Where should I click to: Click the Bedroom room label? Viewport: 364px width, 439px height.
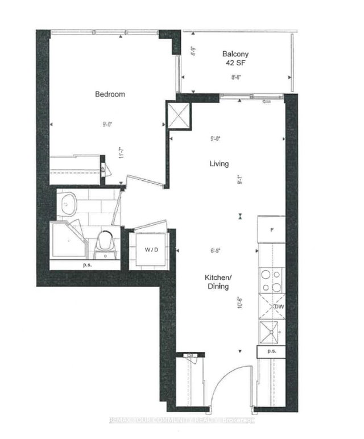tap(110, 94)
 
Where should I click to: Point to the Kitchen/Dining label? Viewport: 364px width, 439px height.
tap(217, 282)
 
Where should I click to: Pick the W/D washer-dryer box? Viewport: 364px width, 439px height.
tap(150, 249)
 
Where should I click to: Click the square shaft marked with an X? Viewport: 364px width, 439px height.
tap(179, 117)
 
